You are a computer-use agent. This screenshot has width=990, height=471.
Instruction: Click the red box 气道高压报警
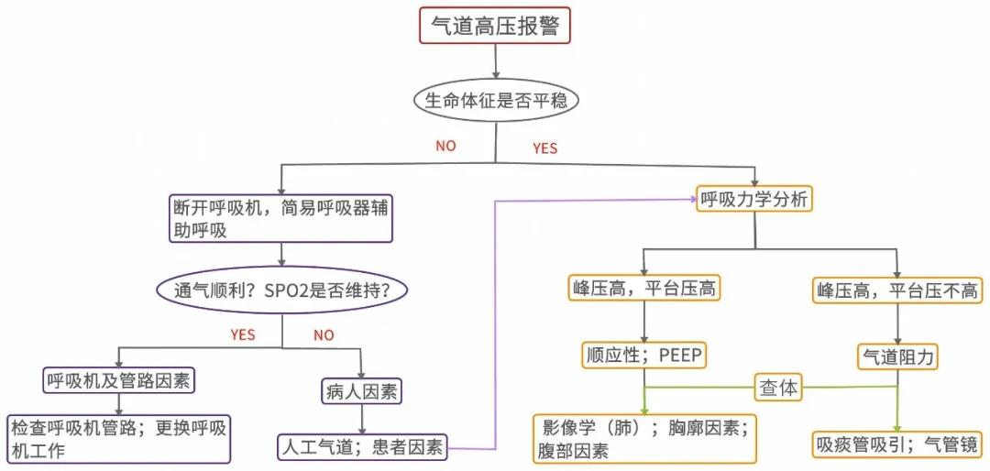click(495, 26)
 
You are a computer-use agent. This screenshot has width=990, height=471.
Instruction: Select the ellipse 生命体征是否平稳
click(496, 100)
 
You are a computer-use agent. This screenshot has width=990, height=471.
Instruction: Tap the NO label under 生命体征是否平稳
click(445, 146)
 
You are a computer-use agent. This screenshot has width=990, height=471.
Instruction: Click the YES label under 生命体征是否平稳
click(544, 148)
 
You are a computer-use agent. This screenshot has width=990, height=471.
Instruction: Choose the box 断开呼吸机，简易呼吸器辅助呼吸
click(280, 218)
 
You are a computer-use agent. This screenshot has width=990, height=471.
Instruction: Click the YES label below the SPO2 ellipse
click(243, 334)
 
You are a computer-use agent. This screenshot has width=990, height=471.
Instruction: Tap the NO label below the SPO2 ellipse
click(324, 334)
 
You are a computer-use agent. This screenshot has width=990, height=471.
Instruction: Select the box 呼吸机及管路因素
click(119, 378)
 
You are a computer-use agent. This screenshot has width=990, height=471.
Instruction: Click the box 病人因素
click(363, 392)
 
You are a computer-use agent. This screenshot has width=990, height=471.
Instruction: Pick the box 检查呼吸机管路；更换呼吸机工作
click(119, 438)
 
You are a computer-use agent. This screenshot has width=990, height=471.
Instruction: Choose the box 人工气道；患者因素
click(363, 447)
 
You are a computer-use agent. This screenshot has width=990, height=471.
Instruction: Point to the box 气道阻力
click(898, 356)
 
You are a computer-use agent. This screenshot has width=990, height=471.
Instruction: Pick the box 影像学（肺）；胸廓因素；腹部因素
click(645, 438)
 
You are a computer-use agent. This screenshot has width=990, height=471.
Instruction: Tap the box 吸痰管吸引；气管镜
click(898, 445)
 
